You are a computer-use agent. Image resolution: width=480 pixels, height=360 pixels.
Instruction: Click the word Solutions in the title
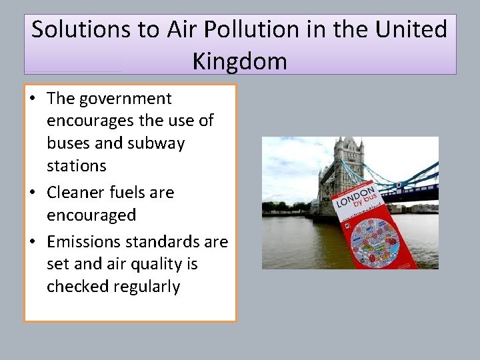point(82,30)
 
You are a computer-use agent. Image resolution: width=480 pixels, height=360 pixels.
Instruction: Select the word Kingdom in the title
point(240,61)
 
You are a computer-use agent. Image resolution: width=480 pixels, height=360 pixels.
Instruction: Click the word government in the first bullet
point(126,99)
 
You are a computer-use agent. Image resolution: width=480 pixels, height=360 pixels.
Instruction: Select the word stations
point(77,165)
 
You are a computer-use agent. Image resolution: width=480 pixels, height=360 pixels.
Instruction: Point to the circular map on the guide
point(375,241)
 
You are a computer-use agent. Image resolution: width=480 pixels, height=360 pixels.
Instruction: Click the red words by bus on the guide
point(365,199)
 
